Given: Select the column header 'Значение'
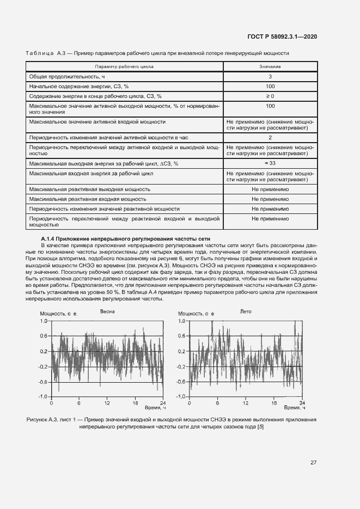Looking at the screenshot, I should click(270, 66).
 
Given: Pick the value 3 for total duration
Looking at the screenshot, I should click(270, 76).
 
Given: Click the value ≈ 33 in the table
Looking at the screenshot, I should click(270, 163).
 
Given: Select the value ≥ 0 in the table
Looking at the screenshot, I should click(270, 96).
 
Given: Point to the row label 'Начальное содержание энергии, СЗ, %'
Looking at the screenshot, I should click(78, 86).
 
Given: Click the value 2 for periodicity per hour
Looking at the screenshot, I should click(270, 138).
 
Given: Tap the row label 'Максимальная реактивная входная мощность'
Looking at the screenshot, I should click(89, 199).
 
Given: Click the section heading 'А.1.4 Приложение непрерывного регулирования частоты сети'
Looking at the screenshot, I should click(125, 239).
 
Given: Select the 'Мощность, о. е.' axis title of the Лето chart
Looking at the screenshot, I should click(197, 314).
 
